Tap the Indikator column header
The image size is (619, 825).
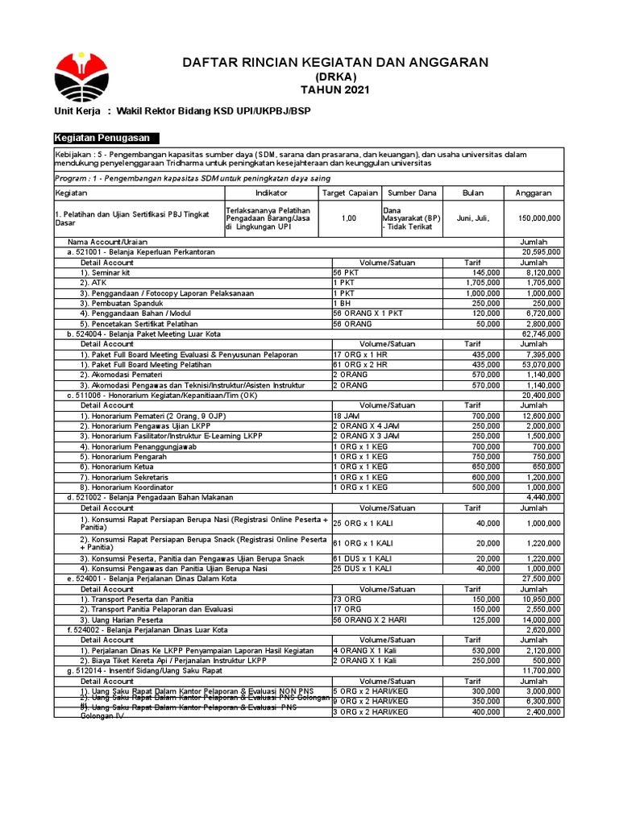point(271,193)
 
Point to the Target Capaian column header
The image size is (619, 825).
point(349,193)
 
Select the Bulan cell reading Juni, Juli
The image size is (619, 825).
point(472,218)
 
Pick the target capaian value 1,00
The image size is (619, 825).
point(349,218)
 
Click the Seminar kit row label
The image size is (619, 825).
point(110,273)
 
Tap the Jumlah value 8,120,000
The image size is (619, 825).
point(542,273)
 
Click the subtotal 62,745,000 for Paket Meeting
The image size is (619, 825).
point(542,333)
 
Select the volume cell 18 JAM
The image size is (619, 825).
point(346,415)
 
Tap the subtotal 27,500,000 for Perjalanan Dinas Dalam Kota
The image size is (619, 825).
point(542,578)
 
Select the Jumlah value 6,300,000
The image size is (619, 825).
point(542,701)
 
